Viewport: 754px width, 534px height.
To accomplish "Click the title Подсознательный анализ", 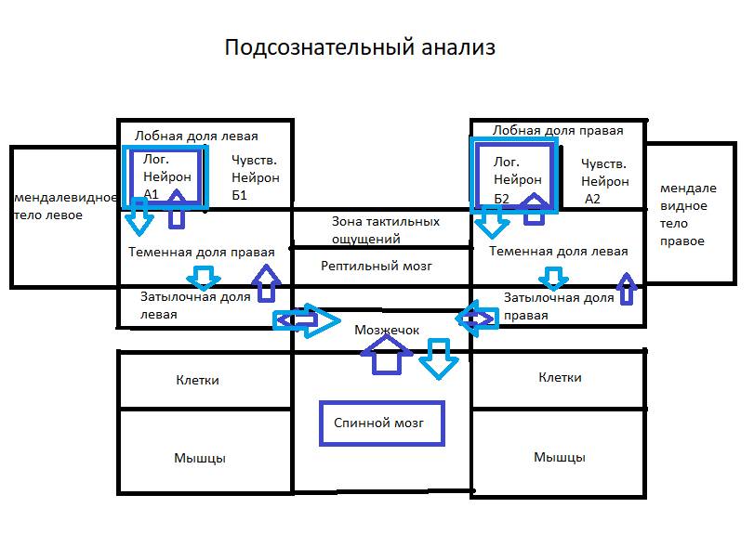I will [359, 48].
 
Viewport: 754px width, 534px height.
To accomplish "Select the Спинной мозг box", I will [379, 423].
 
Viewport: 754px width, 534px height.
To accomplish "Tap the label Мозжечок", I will [387, 330].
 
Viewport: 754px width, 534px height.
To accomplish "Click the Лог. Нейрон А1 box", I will [164, 176].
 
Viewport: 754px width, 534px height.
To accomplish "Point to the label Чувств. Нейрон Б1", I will [255, 177].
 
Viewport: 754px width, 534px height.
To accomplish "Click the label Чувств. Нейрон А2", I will [604, 180].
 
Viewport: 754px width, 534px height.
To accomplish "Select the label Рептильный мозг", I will [377, 267].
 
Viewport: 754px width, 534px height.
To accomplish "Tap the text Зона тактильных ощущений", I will [385, 229].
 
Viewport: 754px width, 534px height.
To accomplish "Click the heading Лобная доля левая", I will [196, 136].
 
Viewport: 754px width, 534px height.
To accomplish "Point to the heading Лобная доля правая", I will [558, 131].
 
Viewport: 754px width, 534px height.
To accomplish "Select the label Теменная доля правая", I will [201, 252].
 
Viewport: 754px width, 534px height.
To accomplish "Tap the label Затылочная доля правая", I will [558, 306].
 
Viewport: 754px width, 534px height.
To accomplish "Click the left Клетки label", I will [198, 380].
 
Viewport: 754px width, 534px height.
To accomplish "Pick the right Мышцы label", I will [559, 457].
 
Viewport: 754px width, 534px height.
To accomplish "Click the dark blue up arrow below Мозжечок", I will [384, 354].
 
